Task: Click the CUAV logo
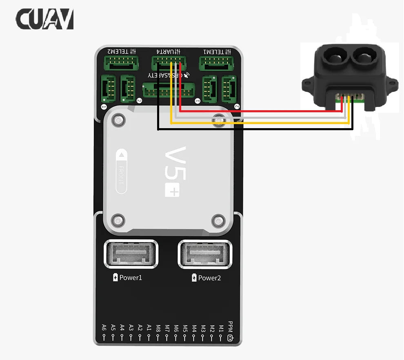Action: click(45, 19)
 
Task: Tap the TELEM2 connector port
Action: click(121, 63)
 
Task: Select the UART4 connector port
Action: click(169, 63)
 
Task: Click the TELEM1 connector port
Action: click(216, 63)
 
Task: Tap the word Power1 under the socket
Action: click(131, 278)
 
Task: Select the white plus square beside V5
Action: click(172, 190)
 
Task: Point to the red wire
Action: click(261, 111)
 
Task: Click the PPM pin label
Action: click(231, 327)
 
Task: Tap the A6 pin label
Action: click(104, 327)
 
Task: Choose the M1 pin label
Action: click(221, 327)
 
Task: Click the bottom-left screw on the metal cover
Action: click(118, 221)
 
